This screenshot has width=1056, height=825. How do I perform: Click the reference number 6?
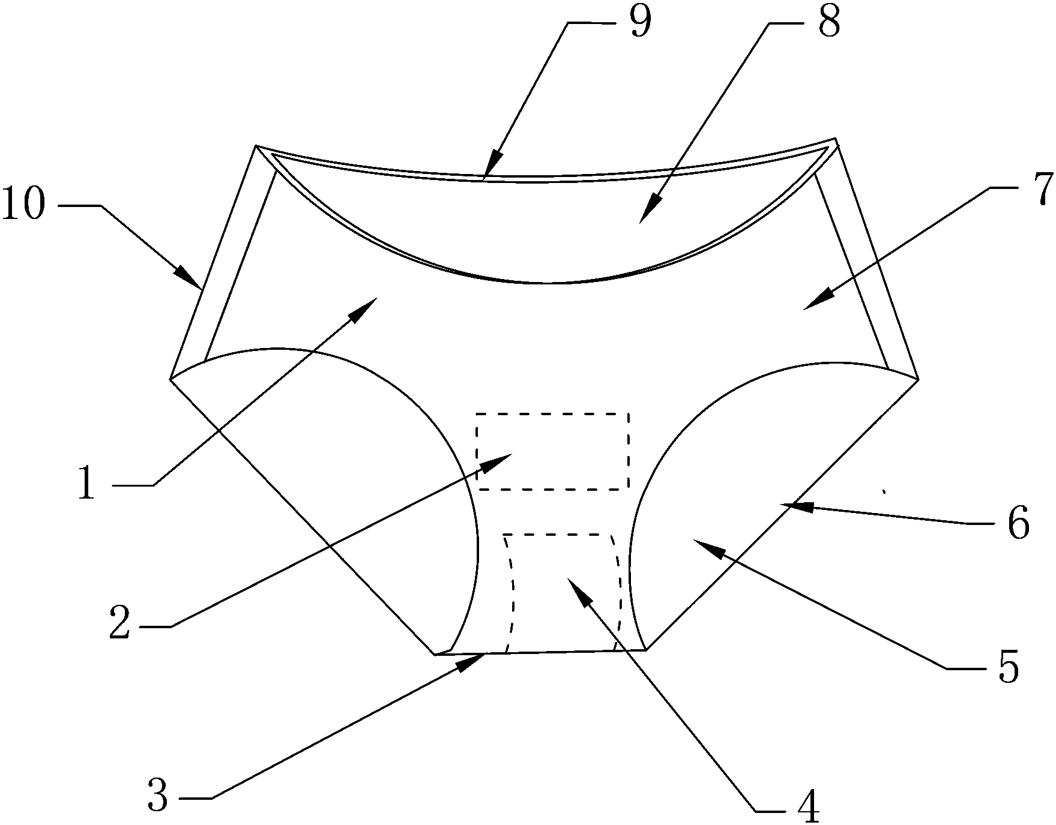click(1018, 523)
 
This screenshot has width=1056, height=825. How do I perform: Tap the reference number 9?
click(640, 23)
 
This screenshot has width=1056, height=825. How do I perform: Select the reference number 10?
click(24, 205)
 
